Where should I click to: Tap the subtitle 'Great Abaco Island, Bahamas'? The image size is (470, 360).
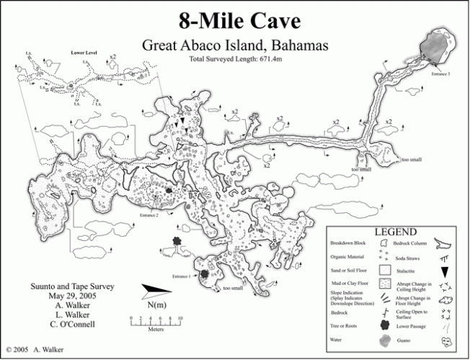[x=235, y=45]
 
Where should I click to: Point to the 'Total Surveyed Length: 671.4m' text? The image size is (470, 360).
[x=235, y=58]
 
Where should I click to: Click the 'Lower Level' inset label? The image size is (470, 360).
[x=84, y=53]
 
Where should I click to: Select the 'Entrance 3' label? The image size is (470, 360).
[x=440, y=74]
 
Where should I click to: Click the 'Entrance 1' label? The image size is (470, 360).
[x=180, y=276]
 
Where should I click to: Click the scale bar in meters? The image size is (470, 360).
[x=154, y=317]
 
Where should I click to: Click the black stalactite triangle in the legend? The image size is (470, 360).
[x=445, y=271]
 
